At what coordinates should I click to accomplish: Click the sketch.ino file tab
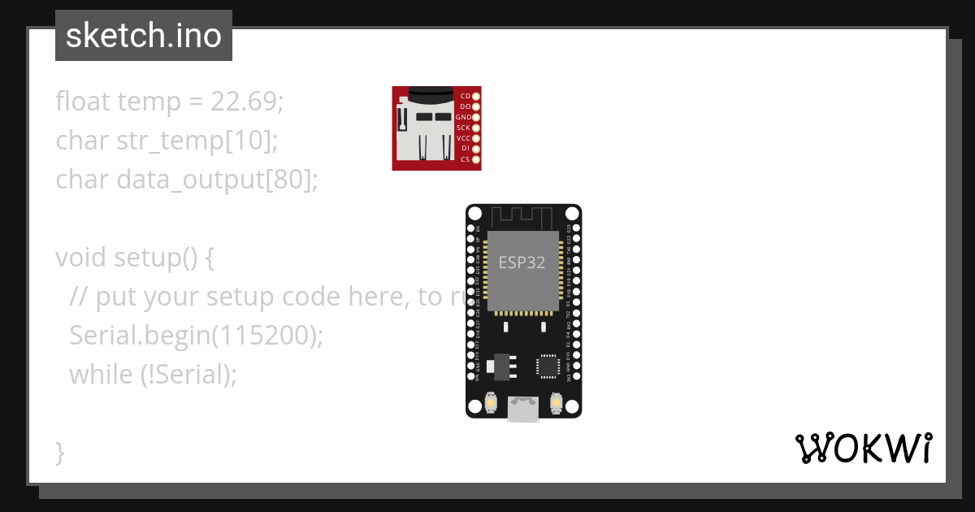(x=143, y=36)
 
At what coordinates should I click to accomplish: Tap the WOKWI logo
(x=863, y=448)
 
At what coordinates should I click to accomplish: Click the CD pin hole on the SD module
(x=476, y=96)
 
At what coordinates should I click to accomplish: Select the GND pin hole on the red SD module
(x=476, y=117)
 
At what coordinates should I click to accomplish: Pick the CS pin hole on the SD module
(x=476, y=159)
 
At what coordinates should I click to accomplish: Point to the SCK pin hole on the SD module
(x=476, y=128)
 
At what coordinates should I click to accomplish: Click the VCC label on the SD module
(x=463, y=138)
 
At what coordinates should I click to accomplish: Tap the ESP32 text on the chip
(x=522, y=263)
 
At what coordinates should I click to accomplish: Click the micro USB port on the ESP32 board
(x=523, y=408)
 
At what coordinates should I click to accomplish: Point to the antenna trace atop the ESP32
(x=523, y=217)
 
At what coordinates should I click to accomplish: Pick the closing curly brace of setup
(x=60, y=452)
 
